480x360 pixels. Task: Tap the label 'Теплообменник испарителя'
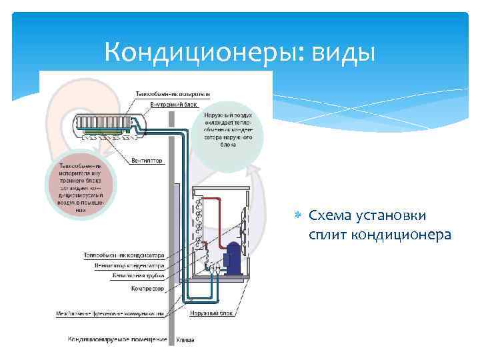173,93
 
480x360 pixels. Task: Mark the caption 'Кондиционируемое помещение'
117,339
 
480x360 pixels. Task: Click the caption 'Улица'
185,340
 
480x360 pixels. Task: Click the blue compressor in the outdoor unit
234,256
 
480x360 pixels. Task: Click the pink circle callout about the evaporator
81,187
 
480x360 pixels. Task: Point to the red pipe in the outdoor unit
217,200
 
